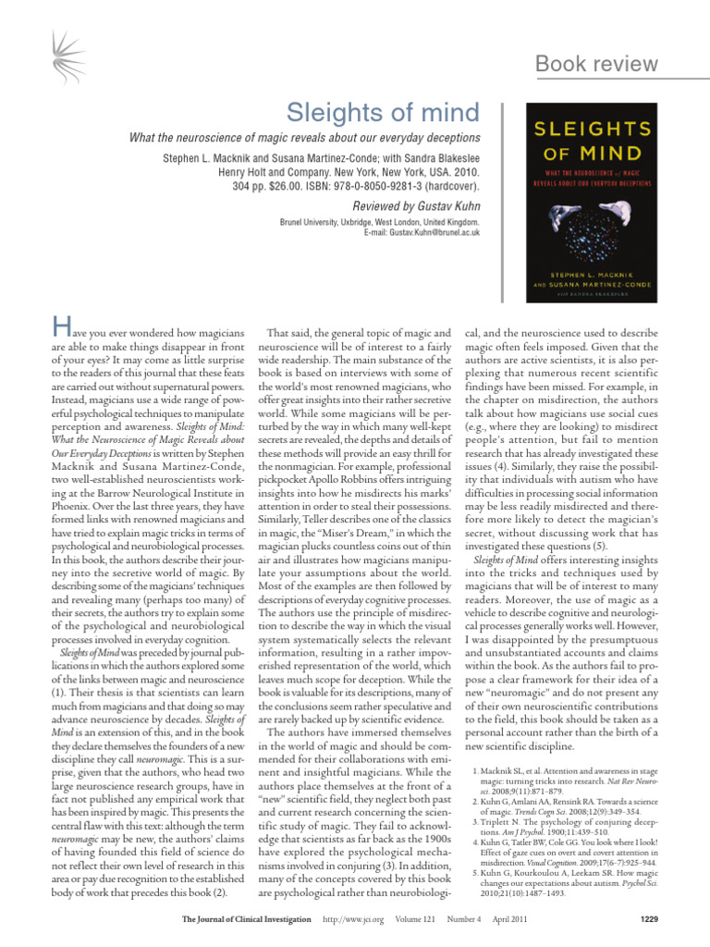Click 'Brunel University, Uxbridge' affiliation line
coord(379,223)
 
